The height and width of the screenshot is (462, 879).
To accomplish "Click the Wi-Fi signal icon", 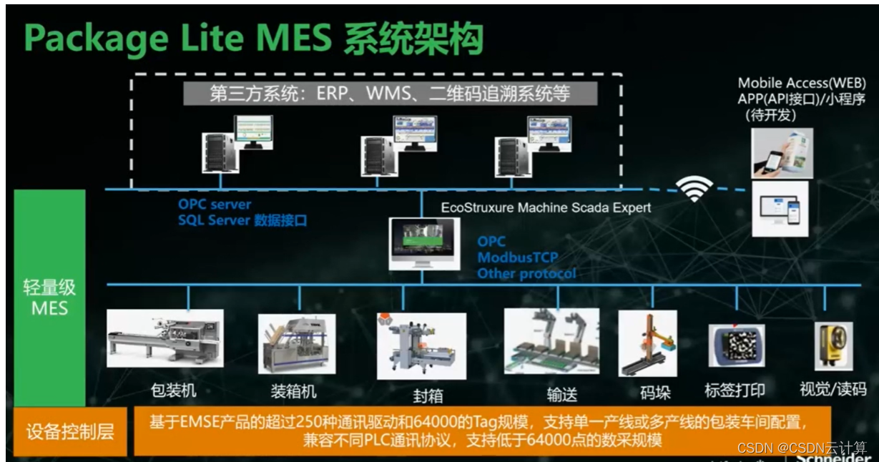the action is click(694, 189).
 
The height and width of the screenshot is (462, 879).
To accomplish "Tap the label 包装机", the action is click(173, 390).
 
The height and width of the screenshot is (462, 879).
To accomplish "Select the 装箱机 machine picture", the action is click(296, 345).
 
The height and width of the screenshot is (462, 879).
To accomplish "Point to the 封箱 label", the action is click(428, 395).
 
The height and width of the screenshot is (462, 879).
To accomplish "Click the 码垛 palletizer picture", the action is click(647, 344).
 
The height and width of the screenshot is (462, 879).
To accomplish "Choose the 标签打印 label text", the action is click(735, 390).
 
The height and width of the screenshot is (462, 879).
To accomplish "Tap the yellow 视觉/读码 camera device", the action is click(833, 345).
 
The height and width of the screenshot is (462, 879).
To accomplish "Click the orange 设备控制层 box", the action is click(70, 431).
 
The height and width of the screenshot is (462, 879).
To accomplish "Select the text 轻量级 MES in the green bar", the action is click(49, 298).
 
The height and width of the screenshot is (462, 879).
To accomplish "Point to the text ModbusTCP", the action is click(518, 257).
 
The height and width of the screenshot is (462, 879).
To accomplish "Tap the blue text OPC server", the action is click(215, 205).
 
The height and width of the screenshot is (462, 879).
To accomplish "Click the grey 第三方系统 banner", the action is click(389, 93).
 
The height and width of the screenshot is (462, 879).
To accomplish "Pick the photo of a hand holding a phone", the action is click(782, 153).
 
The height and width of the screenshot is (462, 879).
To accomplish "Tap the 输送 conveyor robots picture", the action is click(551, 342).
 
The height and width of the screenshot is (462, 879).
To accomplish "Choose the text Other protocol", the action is click(526, 273).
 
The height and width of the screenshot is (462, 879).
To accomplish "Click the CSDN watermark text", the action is click(801, 447).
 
